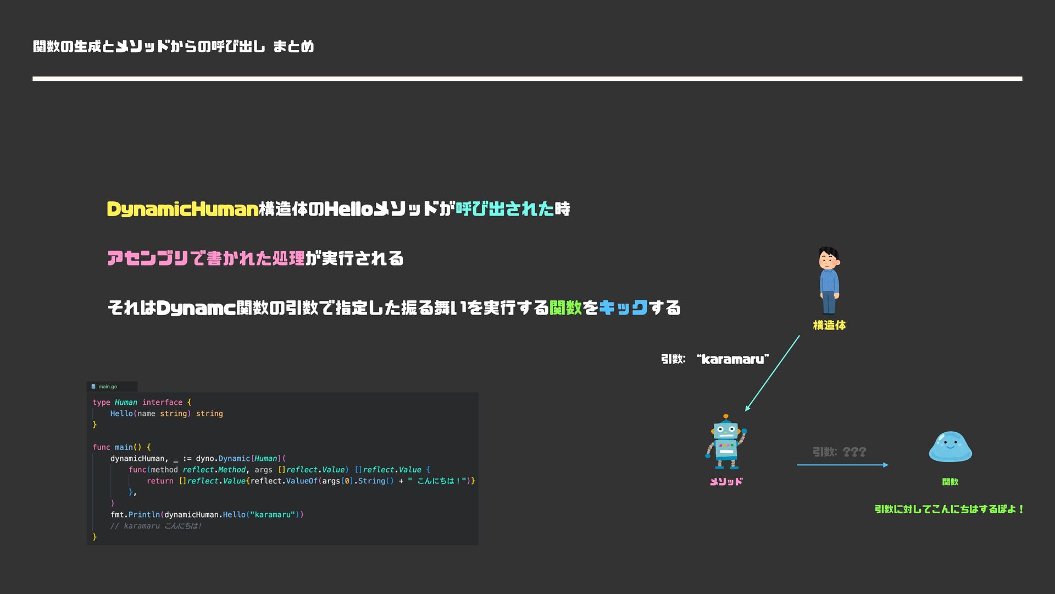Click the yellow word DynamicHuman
point(182,209)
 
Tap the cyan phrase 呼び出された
point(504,209)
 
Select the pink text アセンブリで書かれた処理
point(206,258)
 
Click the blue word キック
point(623,307)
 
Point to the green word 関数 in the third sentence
point(565,307)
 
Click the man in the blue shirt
point(829,280)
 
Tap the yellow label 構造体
point(829,326)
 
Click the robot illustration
point(726,442)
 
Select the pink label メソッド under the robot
point(726,482)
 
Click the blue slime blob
point(950,447)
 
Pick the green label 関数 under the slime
point(950,482)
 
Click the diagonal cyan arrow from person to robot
point(772,373)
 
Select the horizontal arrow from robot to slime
point(842,465)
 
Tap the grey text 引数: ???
point(839,452)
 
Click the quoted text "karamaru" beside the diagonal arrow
point(732,359)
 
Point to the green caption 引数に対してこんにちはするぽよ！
point(949,509)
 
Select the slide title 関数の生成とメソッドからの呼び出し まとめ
point(173,47)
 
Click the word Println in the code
point(144,515)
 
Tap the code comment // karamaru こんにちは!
point(156,526)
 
